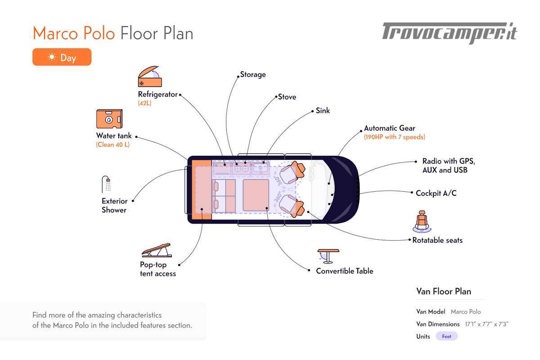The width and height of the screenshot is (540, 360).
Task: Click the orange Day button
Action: coord(62,57)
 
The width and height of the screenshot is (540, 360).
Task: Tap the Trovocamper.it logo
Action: coord(450,33)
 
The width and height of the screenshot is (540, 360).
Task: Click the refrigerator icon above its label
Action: coord(149,77)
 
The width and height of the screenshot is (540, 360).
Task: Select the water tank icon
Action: coord(109,119)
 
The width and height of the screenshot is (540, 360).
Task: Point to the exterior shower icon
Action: coord(107,184)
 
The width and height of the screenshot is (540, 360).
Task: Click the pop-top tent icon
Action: coord(156,251)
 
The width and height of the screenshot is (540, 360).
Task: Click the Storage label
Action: coord(253,75)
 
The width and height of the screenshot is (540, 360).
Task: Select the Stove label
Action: coord(287,97)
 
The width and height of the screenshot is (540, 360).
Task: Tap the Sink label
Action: coord(323,111)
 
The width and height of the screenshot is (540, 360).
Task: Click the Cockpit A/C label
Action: coord(436,193)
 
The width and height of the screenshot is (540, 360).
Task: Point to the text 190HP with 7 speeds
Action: coord(395,137)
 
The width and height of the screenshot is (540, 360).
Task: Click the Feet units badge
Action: coord(446,337)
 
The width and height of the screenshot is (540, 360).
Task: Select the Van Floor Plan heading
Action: coord(444,291)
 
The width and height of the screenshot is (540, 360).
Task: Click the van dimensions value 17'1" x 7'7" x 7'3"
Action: coord(487,324)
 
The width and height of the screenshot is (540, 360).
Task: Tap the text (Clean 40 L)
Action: coord(112,145)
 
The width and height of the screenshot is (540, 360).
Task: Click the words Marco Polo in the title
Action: coord(74,33)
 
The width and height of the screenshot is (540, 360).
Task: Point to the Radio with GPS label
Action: coord(448,161)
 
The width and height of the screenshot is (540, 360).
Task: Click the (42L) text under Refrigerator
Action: coord(145,103)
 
